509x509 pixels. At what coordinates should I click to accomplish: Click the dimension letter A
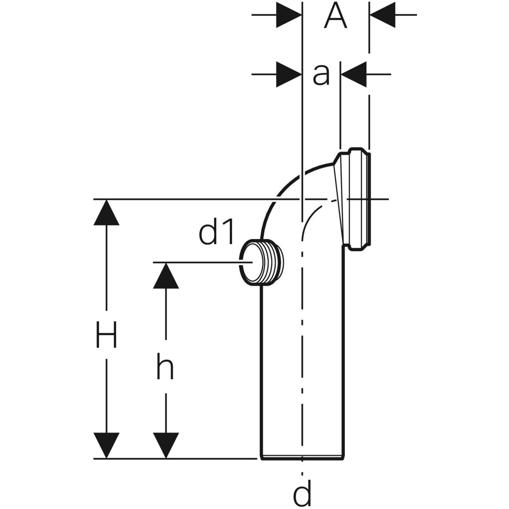pyautogui.click(x=336, y=17)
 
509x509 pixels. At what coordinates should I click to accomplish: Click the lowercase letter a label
pyautogui.click(x=321, y=75)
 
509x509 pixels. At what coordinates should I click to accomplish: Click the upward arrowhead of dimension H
pyautogui.click(x=106, y=212)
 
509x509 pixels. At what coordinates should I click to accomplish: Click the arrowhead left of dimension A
pyautogui.click(x=288, y=15)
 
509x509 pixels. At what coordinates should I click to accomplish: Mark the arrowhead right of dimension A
pyautogui.click(x=382, y=15)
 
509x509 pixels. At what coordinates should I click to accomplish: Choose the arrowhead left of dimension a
pyautogui.click(x=288, y=75)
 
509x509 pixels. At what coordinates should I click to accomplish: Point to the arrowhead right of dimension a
pyautogui.click(x=354, y=75)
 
